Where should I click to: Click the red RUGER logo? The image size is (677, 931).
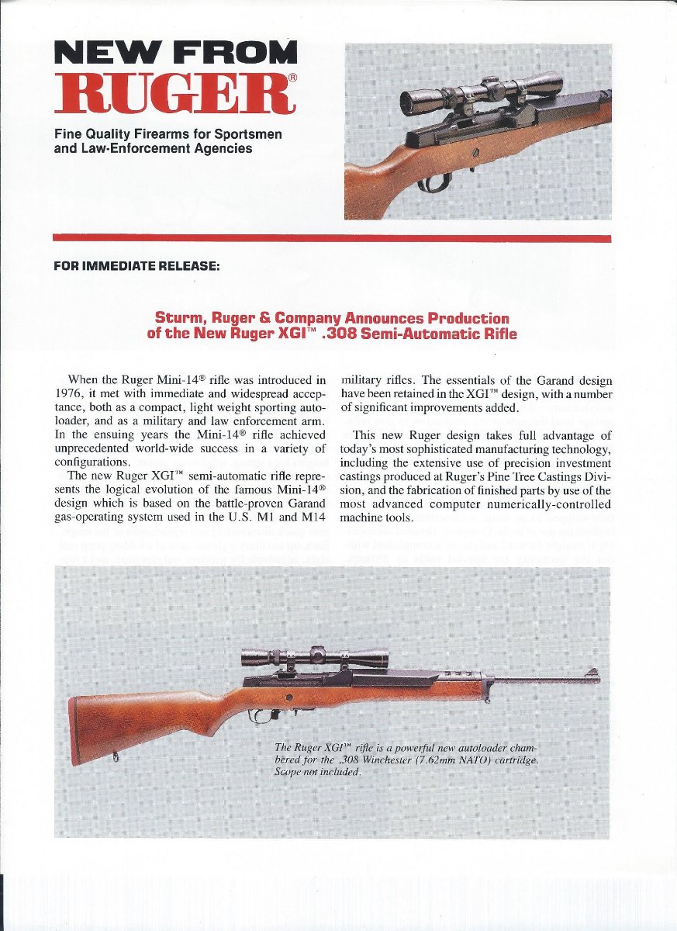175,92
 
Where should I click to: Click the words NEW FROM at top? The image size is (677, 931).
175,53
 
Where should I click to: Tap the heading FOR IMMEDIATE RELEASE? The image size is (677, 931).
137,266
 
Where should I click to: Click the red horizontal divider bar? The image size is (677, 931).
332,238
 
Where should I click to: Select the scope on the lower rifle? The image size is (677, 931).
314,656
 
